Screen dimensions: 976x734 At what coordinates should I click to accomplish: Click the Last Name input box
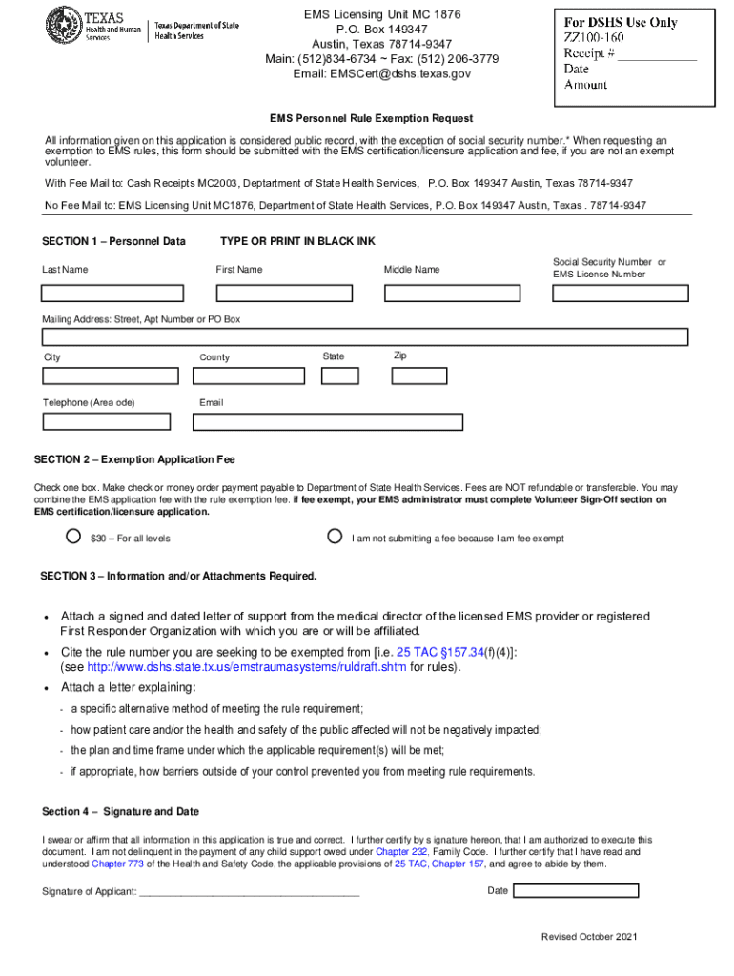point(125,292)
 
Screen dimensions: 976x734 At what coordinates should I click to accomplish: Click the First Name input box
point(295,292)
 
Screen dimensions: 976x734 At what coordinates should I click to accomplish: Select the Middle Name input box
point(463,292)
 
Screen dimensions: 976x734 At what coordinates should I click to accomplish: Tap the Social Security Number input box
point(619,292)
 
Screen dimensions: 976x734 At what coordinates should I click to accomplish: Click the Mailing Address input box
point(365,336)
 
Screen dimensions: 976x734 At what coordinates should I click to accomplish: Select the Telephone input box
point(106,421)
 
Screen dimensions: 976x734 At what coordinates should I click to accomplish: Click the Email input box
point(331,421)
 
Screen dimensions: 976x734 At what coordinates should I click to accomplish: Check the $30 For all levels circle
point(73,537)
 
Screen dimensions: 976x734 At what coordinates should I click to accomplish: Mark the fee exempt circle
point(335,537)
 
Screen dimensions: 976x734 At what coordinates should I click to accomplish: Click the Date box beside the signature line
point(576,890)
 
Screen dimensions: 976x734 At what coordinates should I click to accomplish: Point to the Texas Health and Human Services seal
point(63,24)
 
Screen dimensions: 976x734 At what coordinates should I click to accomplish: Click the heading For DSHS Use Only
point(621,22)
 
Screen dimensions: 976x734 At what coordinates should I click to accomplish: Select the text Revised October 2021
point(588,938)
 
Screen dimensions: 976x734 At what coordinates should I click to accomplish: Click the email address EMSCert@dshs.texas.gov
point(381,73)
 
